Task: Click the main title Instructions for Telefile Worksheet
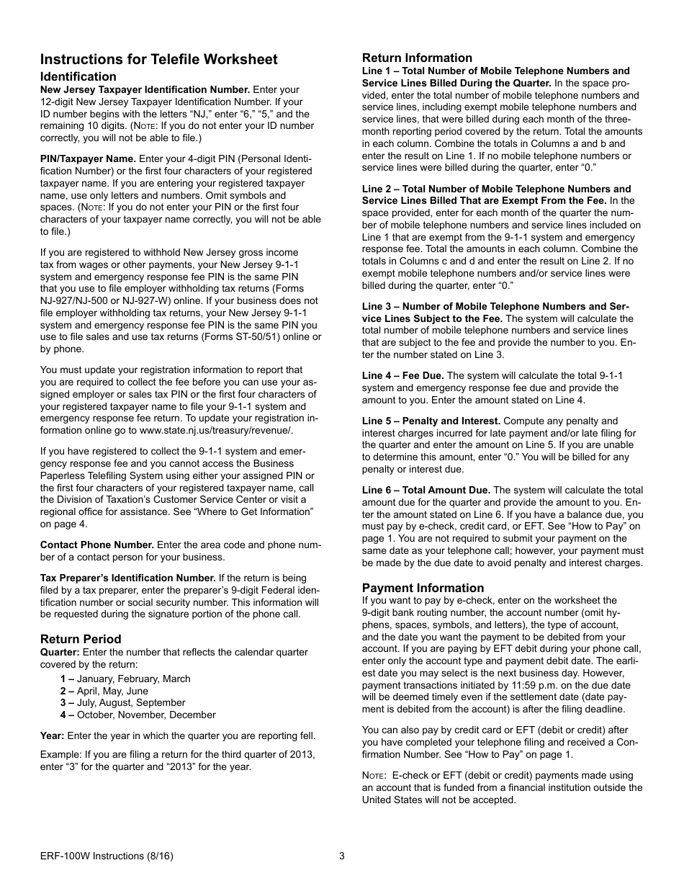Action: coord(159,59)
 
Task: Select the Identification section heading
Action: coord(78,76)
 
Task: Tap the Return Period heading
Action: coord(81,639)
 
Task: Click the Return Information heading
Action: coord(417,58)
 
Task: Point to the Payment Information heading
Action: coord(423,588)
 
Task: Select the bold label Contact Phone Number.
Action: coord(97,545)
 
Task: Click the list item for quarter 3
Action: coord(122,703)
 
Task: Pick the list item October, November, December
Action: coord(138,715)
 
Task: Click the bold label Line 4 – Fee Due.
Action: coord(402,376)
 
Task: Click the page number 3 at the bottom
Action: coord(342,856)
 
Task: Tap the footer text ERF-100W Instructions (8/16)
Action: coord(107,856)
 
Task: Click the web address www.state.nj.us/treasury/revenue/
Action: coord(216,431)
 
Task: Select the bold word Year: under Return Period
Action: coord(53,736)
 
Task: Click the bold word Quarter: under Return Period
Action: coord(60,653)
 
